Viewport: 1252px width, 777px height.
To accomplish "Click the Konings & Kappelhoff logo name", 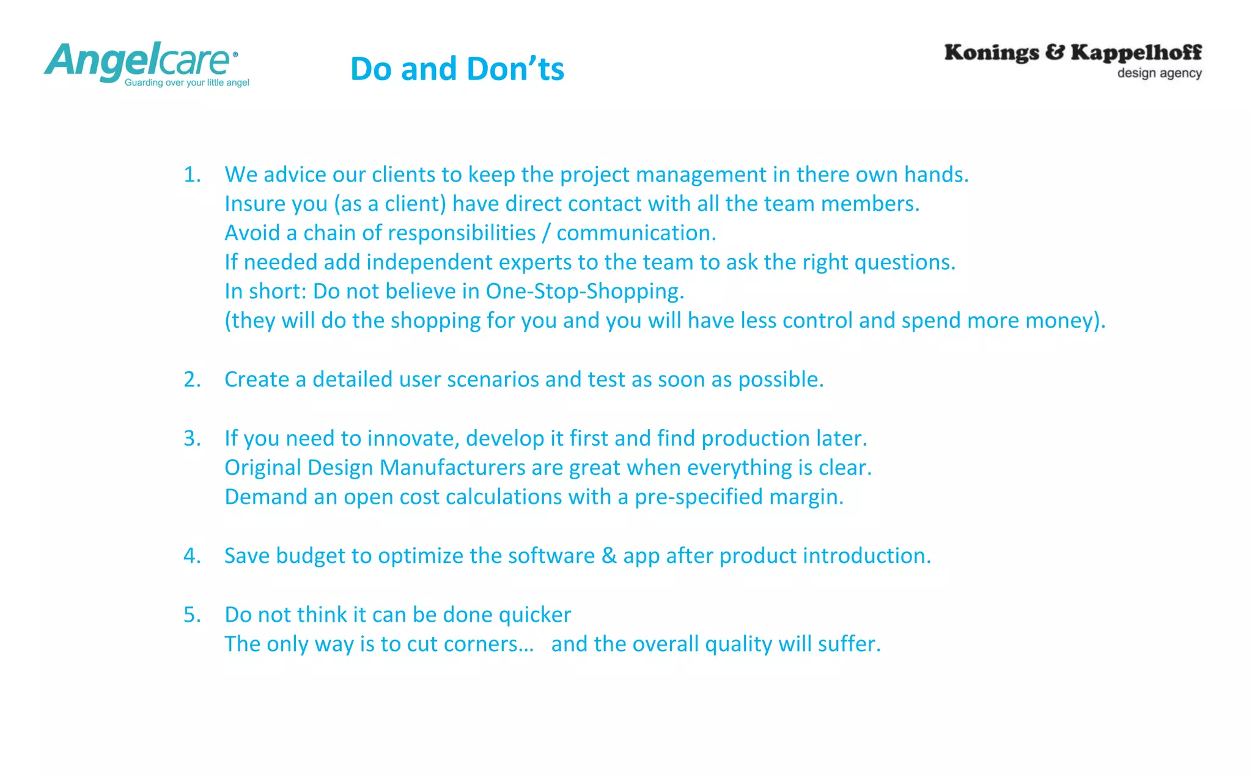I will (x=1073, y=53).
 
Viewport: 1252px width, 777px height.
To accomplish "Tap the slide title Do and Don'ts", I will (x=457, y=68).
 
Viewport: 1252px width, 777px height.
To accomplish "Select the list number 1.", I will (x=192, y=175).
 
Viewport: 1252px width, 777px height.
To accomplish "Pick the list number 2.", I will (x=192, y=380).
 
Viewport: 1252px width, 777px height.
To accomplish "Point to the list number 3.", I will (x=192, y=438).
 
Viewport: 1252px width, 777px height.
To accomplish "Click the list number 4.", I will (x=192, y=556).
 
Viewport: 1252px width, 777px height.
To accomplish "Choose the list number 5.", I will (x=192, y=614).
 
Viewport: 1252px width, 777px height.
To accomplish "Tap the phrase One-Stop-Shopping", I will (x=584, y=292).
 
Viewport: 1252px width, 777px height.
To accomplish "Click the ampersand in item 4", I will (x=609, y=556).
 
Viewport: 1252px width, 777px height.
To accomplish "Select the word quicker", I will (x=535, y=615).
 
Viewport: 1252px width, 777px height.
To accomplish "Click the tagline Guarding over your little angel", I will (x=187, y=83).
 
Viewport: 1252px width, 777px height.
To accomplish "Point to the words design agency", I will (x=1159, y=73).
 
